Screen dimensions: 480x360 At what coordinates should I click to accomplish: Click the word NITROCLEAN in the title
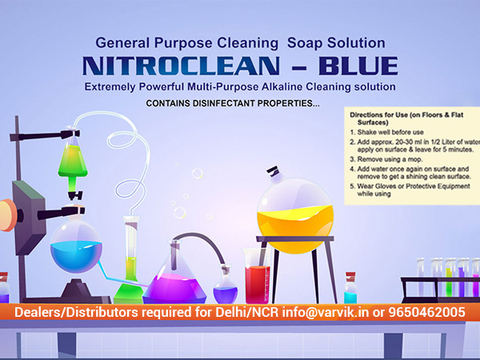(181, 66)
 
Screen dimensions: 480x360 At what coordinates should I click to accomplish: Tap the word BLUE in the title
(358, 66)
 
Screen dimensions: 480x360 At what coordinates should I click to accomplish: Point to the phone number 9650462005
(426, 312)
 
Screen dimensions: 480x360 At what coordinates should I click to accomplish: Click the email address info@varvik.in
(326, 312)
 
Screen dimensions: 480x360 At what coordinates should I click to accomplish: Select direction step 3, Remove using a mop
(386, 159)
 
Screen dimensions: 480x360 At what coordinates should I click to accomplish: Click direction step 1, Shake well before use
(387, 132)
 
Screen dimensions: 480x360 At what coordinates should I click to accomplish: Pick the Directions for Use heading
(406, 118)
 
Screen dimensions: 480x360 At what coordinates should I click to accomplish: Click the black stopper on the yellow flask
(273, 170)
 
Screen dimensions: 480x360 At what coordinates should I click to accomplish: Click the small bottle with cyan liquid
(350, 288)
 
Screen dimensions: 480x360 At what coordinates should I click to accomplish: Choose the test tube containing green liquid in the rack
(449, 278)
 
